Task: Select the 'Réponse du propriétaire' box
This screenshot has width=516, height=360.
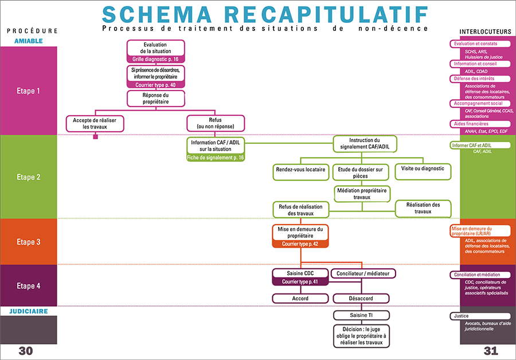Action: coord(155,98)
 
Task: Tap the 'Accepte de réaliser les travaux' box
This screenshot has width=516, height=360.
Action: coord(95,123)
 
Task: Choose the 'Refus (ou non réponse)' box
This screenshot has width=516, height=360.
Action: coord(216,123)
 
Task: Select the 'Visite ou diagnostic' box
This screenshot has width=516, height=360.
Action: coord(423,169)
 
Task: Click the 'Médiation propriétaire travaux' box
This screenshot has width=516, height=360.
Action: coord(361,193)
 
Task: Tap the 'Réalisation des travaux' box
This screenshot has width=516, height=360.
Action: coord(423,208)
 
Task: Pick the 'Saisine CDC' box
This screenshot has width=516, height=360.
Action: coord(300,273)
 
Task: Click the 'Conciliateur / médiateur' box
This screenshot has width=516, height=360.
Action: coord(363,273)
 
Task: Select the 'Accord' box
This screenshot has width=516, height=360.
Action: coord(300,299)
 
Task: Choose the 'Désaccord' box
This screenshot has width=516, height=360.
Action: coord(361,299)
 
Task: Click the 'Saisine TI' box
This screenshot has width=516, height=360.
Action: coord(361,315)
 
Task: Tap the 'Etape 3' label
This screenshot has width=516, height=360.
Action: coord(29,242)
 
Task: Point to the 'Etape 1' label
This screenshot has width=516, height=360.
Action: coord(29,91)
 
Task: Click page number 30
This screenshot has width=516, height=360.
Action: coord(25,351)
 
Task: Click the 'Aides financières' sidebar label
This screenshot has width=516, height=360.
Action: coord(471,124)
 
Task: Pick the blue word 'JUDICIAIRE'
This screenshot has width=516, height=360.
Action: coord(28,312)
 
